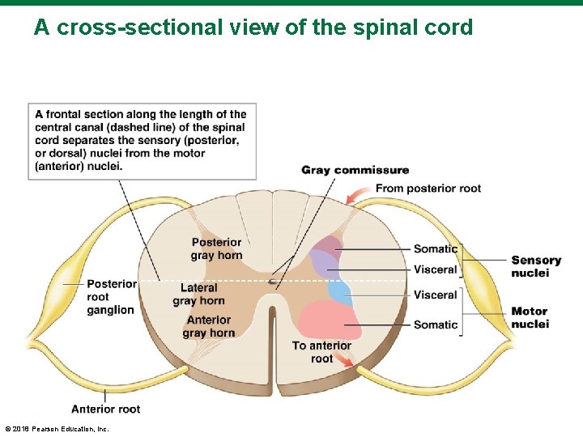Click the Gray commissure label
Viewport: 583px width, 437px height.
click(x=355, y=170)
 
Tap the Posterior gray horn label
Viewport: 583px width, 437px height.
click(x=216, y=248)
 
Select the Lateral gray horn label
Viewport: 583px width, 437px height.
click(x=199, y=294)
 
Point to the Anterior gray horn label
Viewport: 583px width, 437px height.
click(x=209, y=326)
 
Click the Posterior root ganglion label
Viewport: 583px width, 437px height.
click(x=112, y=297)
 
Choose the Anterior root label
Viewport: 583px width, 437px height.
click(x=105, y=409)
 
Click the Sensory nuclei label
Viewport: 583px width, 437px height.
click(x=536, y=266)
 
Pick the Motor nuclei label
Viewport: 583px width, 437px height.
click(x=530, y=317)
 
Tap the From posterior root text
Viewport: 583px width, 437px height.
click(x=428, y=189)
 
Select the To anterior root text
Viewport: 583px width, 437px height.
click(x=321, y=352)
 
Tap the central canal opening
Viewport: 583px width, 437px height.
click(x=273, y=282)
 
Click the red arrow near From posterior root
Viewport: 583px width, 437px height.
click(x=356, y=194)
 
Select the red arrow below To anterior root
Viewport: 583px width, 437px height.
click(x=343, y=360)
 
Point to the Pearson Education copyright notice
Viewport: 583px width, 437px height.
click(x=57, y=429)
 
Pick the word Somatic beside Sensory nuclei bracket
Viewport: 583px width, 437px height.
click(x=436, y=248)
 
